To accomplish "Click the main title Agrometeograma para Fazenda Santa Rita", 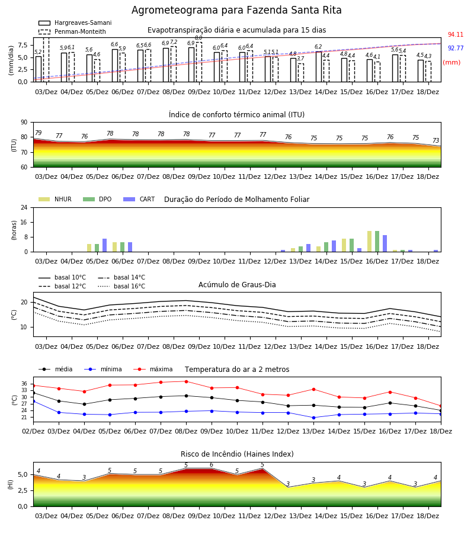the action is point(236,10).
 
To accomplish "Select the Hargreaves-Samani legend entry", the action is point(75,23).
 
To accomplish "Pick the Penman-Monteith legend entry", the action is point(72,31).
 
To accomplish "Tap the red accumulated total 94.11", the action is point(455,34).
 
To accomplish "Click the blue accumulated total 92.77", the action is point(455,48).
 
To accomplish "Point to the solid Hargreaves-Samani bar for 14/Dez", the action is point(319,66).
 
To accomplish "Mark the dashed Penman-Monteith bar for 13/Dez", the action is point(301,73).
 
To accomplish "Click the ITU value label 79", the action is point(38,133).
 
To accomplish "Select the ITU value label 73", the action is point(435,140).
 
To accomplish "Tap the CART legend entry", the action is point(139,199).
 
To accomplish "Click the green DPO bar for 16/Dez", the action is point(377,242).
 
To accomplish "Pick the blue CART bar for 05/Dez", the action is point(104,245).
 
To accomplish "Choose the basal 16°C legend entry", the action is point(121,286).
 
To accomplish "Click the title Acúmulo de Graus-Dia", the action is point(237,285).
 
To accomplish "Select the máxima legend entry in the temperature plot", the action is point(153,369).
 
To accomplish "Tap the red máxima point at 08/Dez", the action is point(186,381).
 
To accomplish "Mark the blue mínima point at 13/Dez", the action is point(313,418).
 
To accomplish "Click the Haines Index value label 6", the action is point(212,465).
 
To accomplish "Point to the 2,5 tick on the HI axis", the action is point(23,490).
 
